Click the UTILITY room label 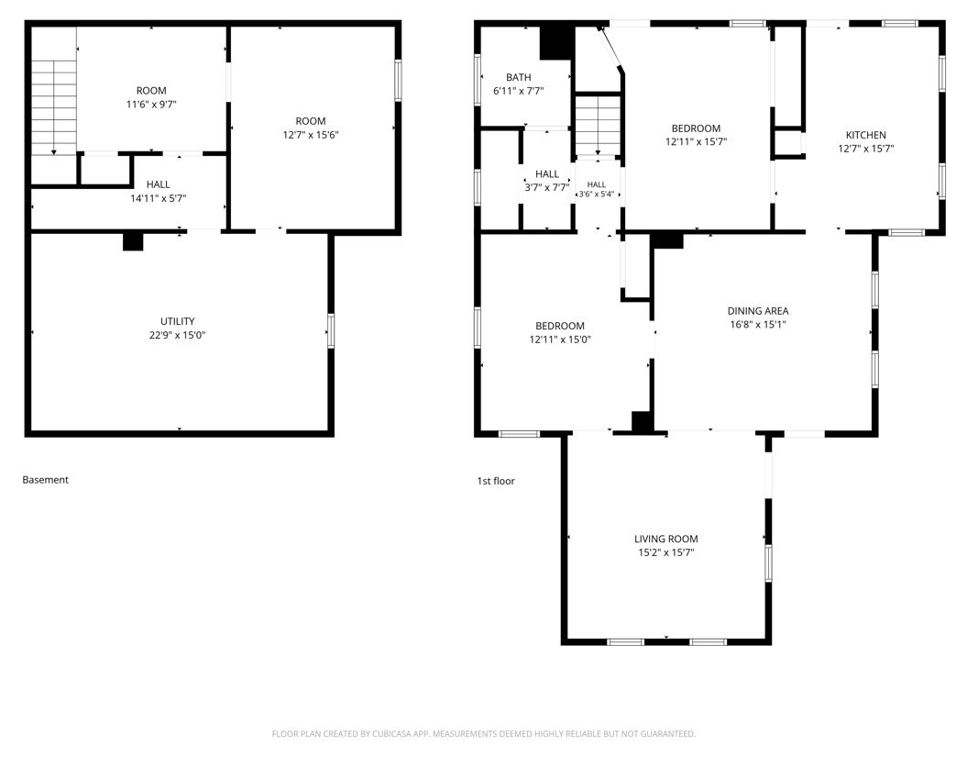(178, 321)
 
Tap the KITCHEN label (866, 135)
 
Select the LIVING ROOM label (666, 539)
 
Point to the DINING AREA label (758, 311)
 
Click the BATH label (518, 77)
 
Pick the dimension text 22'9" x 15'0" (178, 335)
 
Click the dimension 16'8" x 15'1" (758, 324)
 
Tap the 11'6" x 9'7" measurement (151, 105)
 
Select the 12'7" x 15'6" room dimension (311, 135)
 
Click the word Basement (46, 480)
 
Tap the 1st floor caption (496, 481)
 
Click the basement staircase (54, 107)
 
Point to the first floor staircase (598, 126)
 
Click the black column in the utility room (133, 241)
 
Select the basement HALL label (159, 184)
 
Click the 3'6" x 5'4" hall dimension (597, 195)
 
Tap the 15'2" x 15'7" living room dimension (666, 552)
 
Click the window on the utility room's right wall (331, 331)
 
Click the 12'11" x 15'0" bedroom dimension (560, 340)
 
